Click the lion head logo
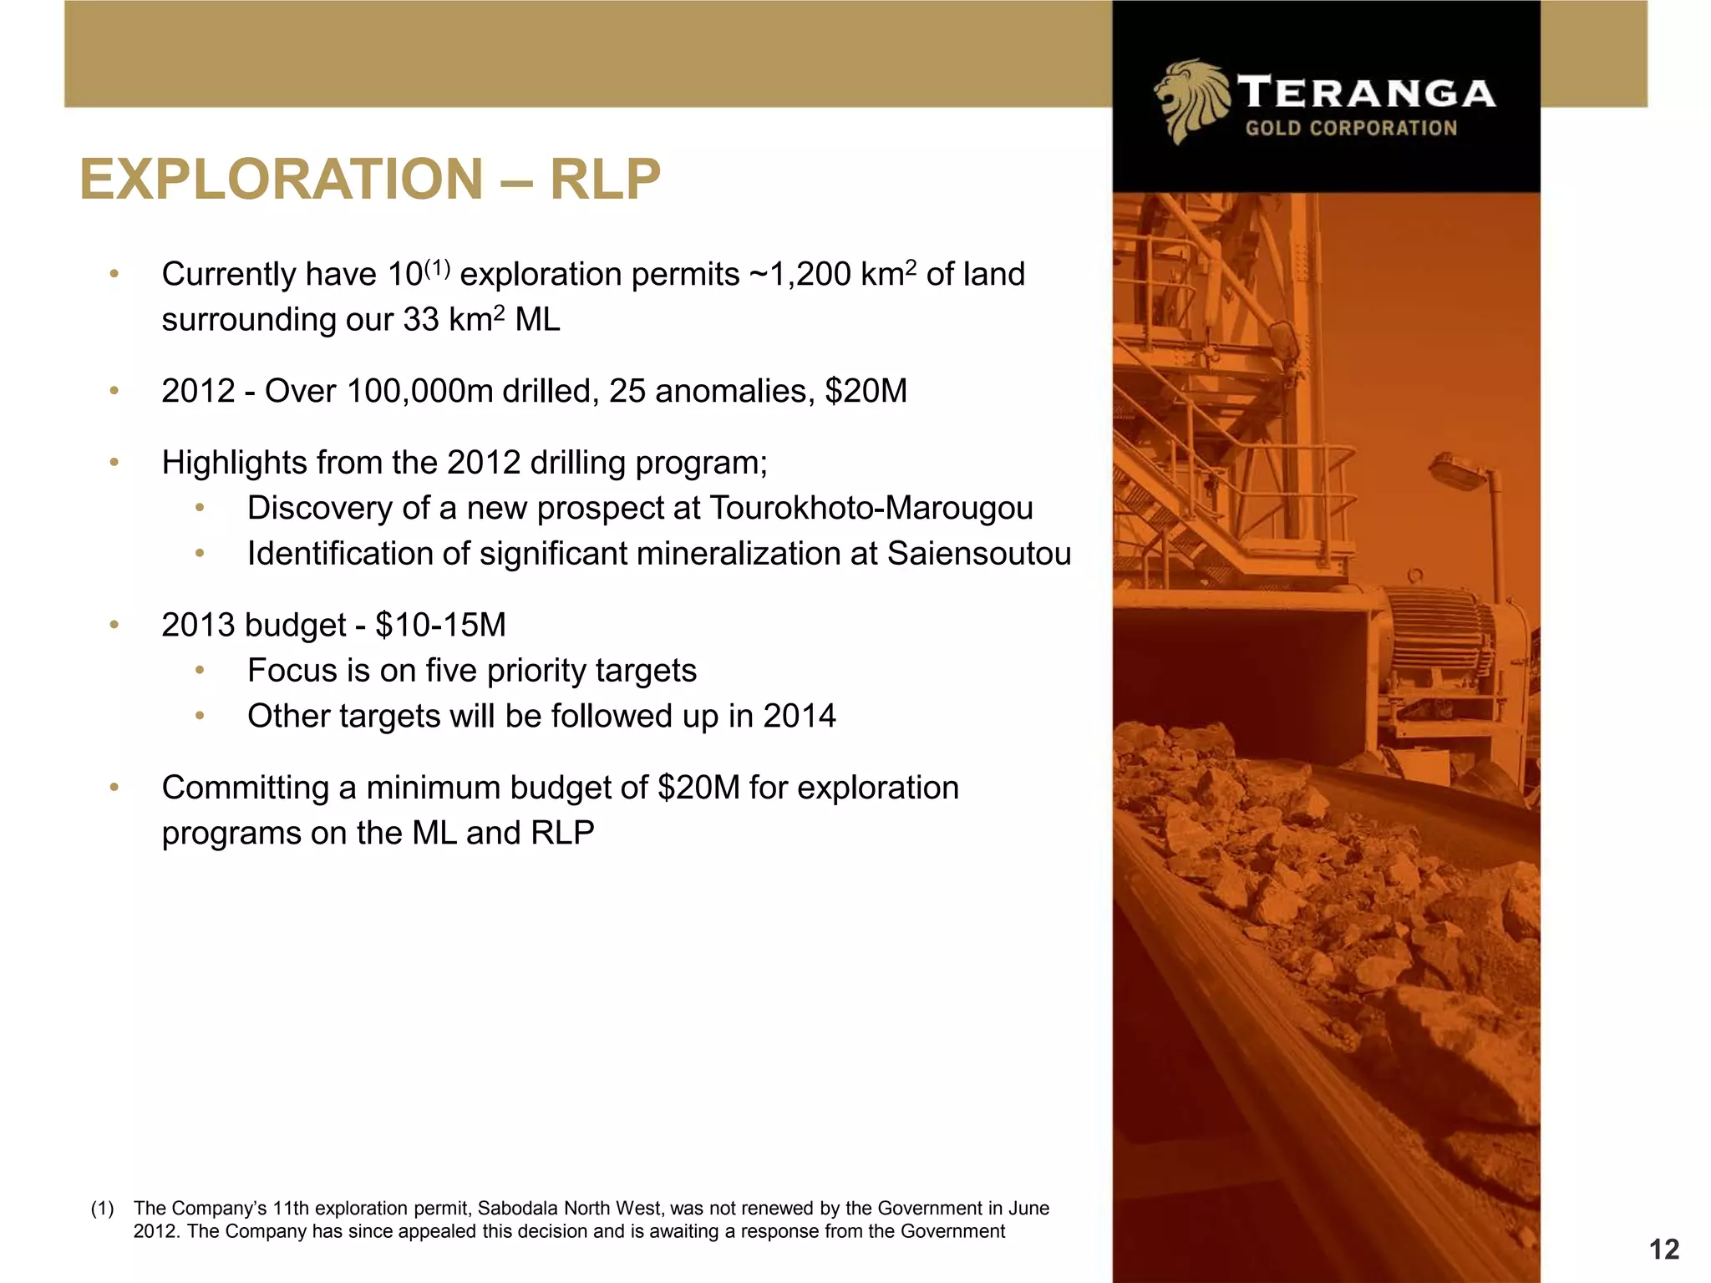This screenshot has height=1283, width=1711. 1190,101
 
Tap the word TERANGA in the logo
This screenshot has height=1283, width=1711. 1366,93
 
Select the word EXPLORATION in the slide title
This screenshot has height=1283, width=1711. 282,180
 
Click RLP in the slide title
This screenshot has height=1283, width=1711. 605,180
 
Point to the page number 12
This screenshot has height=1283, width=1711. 1664,1250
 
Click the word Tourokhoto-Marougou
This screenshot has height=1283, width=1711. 871,508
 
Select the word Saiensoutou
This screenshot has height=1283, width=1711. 978,554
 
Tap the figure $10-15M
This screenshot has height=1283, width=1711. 440,625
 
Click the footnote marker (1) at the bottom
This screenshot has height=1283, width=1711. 102,1209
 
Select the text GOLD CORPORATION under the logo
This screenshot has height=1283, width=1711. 1351,129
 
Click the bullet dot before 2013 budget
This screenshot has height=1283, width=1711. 114,625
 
